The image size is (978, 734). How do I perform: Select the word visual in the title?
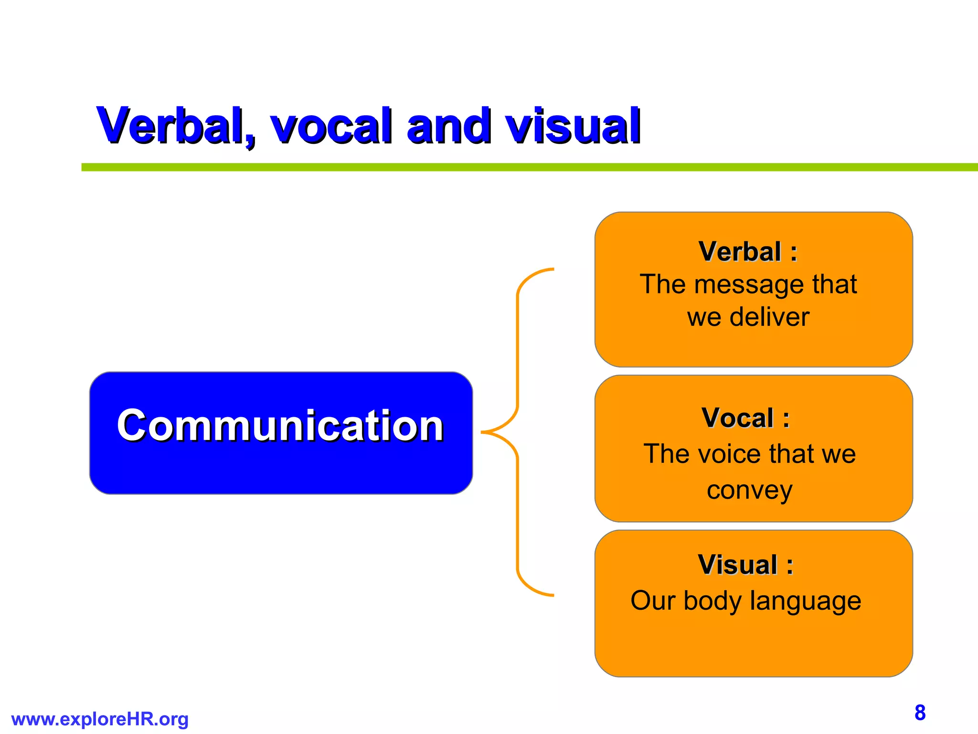tap(573, 126)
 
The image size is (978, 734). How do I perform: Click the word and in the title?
tap(449, 126)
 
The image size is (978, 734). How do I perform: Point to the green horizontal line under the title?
tap(525, 167)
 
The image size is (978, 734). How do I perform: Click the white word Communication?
tap(281, 425)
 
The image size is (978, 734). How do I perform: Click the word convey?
tap(749, 490)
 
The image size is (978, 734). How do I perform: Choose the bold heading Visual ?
tap(745, 565)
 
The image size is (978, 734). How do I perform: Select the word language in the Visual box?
tap(805, 601)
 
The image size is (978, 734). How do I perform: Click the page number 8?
tap(920, 712)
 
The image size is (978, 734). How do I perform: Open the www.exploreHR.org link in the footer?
tap(100, 719)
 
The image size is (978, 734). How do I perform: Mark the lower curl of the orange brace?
tap(530, 588)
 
